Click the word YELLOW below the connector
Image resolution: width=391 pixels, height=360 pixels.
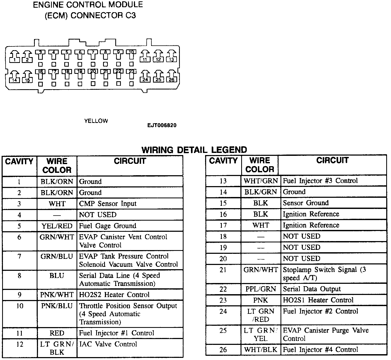(x=96, y=121)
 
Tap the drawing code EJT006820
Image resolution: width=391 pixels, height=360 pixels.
(x=162, y=125)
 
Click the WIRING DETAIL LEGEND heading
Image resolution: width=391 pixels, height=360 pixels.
(x=194, y=150)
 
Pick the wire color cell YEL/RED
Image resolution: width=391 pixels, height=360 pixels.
(x=57, y=226)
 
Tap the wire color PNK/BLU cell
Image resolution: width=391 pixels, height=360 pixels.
(x=57, y=306)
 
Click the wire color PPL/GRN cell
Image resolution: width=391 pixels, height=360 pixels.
(x=261, y=289)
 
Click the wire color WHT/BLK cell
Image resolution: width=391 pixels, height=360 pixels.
(x=261, y=350)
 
